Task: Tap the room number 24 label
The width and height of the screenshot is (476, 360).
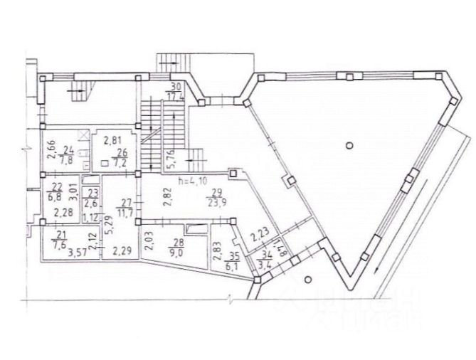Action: click(x=69, y=154)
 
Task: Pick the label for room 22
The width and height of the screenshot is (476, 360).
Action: click(x=55, y=191)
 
